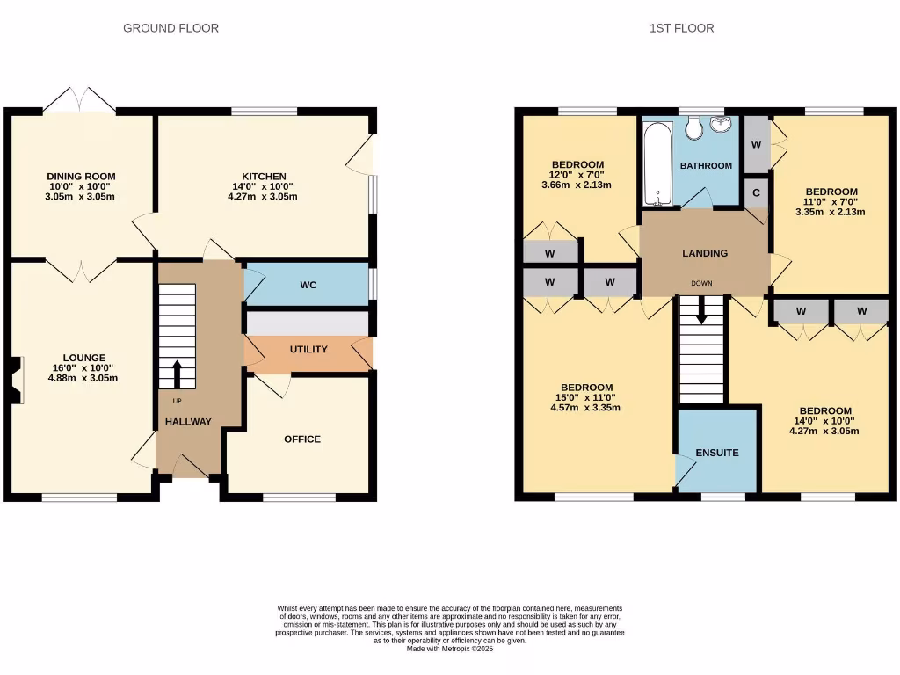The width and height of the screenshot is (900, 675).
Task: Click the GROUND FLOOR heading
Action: [171, 28]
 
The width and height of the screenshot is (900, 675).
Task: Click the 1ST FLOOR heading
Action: [681, 28]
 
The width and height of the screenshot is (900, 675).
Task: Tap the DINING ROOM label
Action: [81, 177]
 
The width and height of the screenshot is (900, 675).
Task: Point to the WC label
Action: [308, 286]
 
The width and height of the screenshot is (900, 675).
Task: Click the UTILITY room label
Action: [308, 350]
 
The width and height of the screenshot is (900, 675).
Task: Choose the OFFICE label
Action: [301, 439]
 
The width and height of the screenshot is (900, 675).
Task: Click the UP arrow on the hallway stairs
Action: [177, 374]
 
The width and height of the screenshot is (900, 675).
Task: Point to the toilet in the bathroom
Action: [693, 129]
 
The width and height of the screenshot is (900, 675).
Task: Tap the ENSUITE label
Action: [717, 454]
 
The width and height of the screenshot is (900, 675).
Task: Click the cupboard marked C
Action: [756, 192]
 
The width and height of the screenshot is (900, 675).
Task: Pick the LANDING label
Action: [705, 253]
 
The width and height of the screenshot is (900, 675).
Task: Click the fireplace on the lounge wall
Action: [14, 381]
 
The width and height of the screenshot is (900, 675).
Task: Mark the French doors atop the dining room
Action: [79, 99]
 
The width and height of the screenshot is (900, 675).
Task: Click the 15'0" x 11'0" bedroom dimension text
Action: [586, 397]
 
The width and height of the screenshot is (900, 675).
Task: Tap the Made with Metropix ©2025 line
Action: [449, 649]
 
